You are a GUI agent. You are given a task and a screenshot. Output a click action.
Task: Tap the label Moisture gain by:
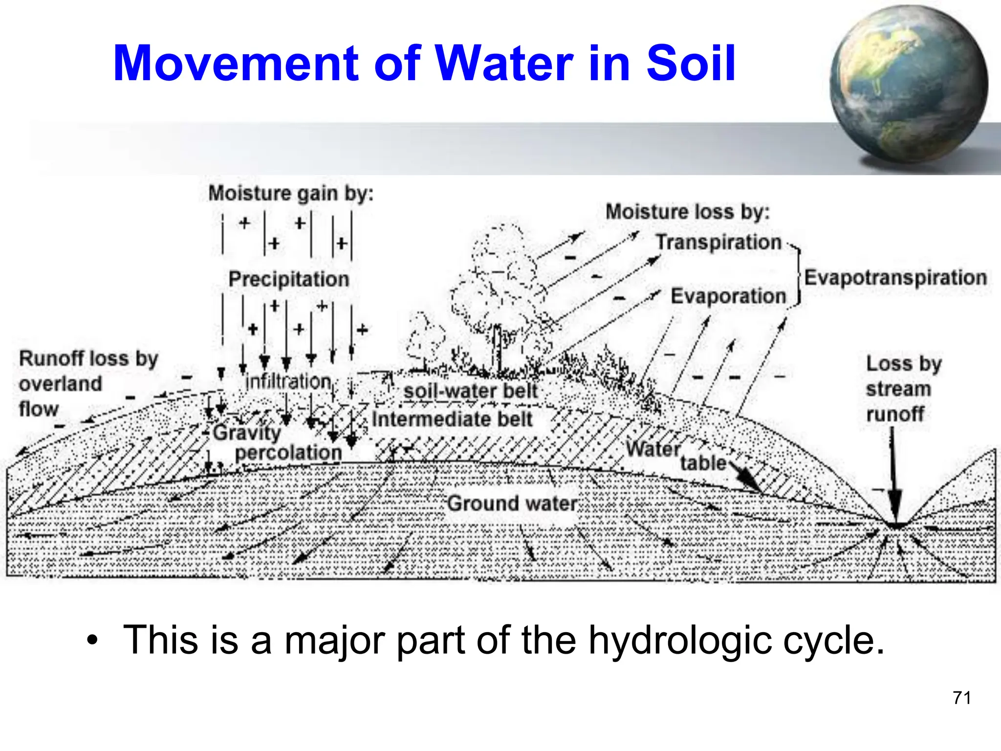point(291,194)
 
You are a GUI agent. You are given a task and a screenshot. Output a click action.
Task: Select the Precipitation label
point(289,279)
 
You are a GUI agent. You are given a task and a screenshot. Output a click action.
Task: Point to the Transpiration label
point(718,242)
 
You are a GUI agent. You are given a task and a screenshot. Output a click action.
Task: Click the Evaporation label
point(728,296)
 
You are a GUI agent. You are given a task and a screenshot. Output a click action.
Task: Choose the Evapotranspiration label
point(895,278)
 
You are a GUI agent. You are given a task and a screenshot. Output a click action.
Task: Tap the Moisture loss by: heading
point(687,212)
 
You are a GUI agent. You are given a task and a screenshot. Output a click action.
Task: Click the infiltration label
point(288,381)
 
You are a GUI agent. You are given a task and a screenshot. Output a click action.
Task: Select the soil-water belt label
point(470,391)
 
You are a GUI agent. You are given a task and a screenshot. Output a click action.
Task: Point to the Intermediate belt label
point(452,420)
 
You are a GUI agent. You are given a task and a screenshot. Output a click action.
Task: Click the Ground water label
point(512,504)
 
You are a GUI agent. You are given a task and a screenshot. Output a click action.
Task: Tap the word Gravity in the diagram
point(247,433)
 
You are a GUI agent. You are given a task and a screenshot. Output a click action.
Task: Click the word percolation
point(288,453)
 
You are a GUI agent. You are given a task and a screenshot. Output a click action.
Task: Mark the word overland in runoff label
point(61,384)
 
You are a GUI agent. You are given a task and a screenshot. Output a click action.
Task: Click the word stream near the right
point(898,390)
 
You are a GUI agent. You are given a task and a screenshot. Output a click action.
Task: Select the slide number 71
point(961,698)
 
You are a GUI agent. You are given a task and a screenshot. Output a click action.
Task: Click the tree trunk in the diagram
point(497,350)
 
